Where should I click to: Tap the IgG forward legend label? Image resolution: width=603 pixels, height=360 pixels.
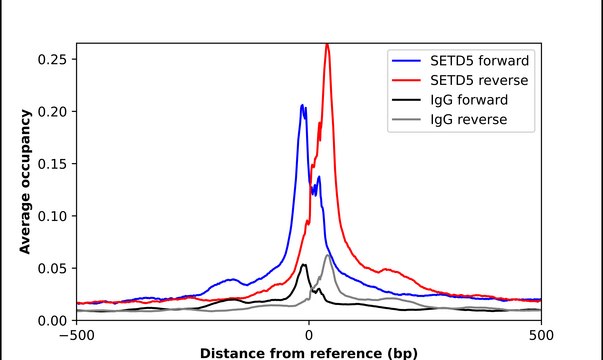click(468, 100)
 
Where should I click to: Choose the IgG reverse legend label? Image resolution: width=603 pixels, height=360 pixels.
click(468, 119)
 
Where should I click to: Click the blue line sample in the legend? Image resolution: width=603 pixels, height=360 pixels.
click(406, 61)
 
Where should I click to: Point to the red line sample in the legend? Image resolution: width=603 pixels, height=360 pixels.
click(406, 80)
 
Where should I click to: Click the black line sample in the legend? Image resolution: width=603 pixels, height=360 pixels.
click(406, 100)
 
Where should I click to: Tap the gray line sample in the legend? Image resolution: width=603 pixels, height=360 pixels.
click(406, 119)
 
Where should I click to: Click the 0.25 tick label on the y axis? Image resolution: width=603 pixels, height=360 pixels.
click(52, 59)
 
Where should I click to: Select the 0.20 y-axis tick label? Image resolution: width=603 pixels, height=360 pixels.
click(52, 111)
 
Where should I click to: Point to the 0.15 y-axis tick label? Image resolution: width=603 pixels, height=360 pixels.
click(52, 163)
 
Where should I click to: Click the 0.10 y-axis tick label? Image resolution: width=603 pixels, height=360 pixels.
click(52, 215)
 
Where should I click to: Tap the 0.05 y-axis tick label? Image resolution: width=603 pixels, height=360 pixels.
click(52, 268)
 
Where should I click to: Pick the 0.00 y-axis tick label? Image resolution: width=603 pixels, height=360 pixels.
click(52, 320)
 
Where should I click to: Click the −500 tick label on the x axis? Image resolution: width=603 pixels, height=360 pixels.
click(76, 335)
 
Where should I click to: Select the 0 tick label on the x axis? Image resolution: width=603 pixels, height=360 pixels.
click(308, 335)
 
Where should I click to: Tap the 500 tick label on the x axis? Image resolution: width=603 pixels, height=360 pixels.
click(540, 335)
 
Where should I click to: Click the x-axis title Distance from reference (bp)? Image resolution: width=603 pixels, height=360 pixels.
click(308, 352)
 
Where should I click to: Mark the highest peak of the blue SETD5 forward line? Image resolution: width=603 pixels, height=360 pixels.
click(302, 105)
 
